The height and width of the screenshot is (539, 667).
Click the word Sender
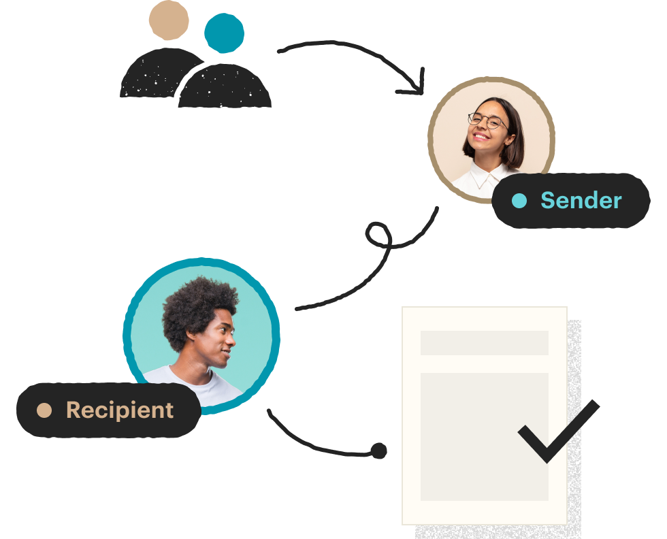[x=581, y=200]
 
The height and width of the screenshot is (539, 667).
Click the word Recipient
[x=120, y=410]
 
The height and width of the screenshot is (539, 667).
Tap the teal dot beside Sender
[x=519, y=201]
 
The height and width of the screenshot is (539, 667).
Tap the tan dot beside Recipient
[x=44, y=410]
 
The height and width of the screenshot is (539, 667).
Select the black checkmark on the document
[x=558, y=431]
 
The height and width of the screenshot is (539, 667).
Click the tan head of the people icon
[x=169, y=20]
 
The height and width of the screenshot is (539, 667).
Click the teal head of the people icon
[x=224, y=33]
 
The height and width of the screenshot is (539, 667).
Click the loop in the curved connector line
[x=378, y=234]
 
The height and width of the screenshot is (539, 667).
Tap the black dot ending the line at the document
[x=378, y=451]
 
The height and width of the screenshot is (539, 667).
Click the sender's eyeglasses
[x=487, y=120]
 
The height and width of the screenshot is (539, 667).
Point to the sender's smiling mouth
[x=481, y=137]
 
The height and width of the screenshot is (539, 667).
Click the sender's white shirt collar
[x=485, y=176]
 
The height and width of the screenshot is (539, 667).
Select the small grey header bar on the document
[x=485, y=343]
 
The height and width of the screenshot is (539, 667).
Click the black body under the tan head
[x=157, y=73]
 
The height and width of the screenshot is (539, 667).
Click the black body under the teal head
[x=225, y=86]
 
